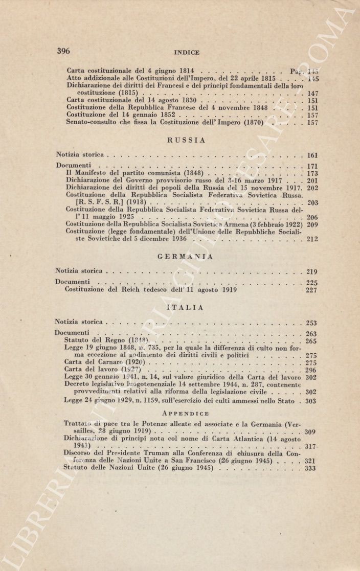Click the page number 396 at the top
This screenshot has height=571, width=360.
pos(63,51)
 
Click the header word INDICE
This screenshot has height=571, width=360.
pos(187,52)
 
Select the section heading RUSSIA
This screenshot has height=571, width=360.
pos(186,140)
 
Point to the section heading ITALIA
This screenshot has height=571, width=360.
pos(186,308)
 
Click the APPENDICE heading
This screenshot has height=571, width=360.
pos(186,413)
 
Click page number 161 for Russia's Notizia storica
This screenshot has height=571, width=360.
pos(312,155)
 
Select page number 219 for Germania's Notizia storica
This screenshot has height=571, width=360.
pos(312,272)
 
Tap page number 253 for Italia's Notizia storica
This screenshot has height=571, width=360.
pos(311,323)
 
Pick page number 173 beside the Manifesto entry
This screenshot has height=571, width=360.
pos(312,174)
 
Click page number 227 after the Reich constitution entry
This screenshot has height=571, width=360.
pos(311,290)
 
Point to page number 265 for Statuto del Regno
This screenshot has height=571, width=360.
pos(311,341)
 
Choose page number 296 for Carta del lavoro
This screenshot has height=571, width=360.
pos(311,370)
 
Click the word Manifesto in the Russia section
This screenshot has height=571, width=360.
pos(91,173)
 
